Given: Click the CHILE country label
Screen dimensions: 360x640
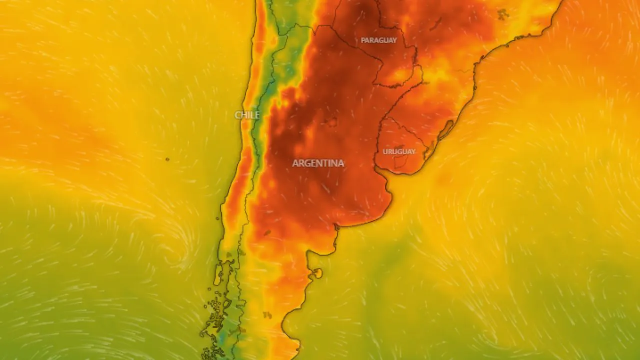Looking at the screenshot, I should pos(247,115).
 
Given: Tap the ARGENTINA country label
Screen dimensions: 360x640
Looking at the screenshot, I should pos(318,163).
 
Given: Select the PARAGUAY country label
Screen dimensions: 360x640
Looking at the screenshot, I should pos(378,40).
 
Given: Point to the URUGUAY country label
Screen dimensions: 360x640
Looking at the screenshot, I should pos(399,151).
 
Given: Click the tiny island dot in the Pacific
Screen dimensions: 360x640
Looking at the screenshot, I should pos(167,159).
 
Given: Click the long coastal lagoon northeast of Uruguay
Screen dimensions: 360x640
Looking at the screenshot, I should pos(447,129).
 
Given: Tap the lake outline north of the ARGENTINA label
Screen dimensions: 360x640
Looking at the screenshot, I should pos(330,121).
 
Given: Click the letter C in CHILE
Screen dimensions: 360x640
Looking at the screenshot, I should pos(237,115).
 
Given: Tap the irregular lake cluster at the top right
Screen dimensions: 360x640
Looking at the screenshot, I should pos(502,14).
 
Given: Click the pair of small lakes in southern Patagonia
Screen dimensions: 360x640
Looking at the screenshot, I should pos(267,315).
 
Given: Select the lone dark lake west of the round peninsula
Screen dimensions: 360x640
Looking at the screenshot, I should pos(267,232).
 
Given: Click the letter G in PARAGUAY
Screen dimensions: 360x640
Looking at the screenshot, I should pos(381,40).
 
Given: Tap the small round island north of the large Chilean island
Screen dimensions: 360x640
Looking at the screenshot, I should pos(228,255).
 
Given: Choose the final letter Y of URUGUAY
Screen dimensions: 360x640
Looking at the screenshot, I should pos(413,151).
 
